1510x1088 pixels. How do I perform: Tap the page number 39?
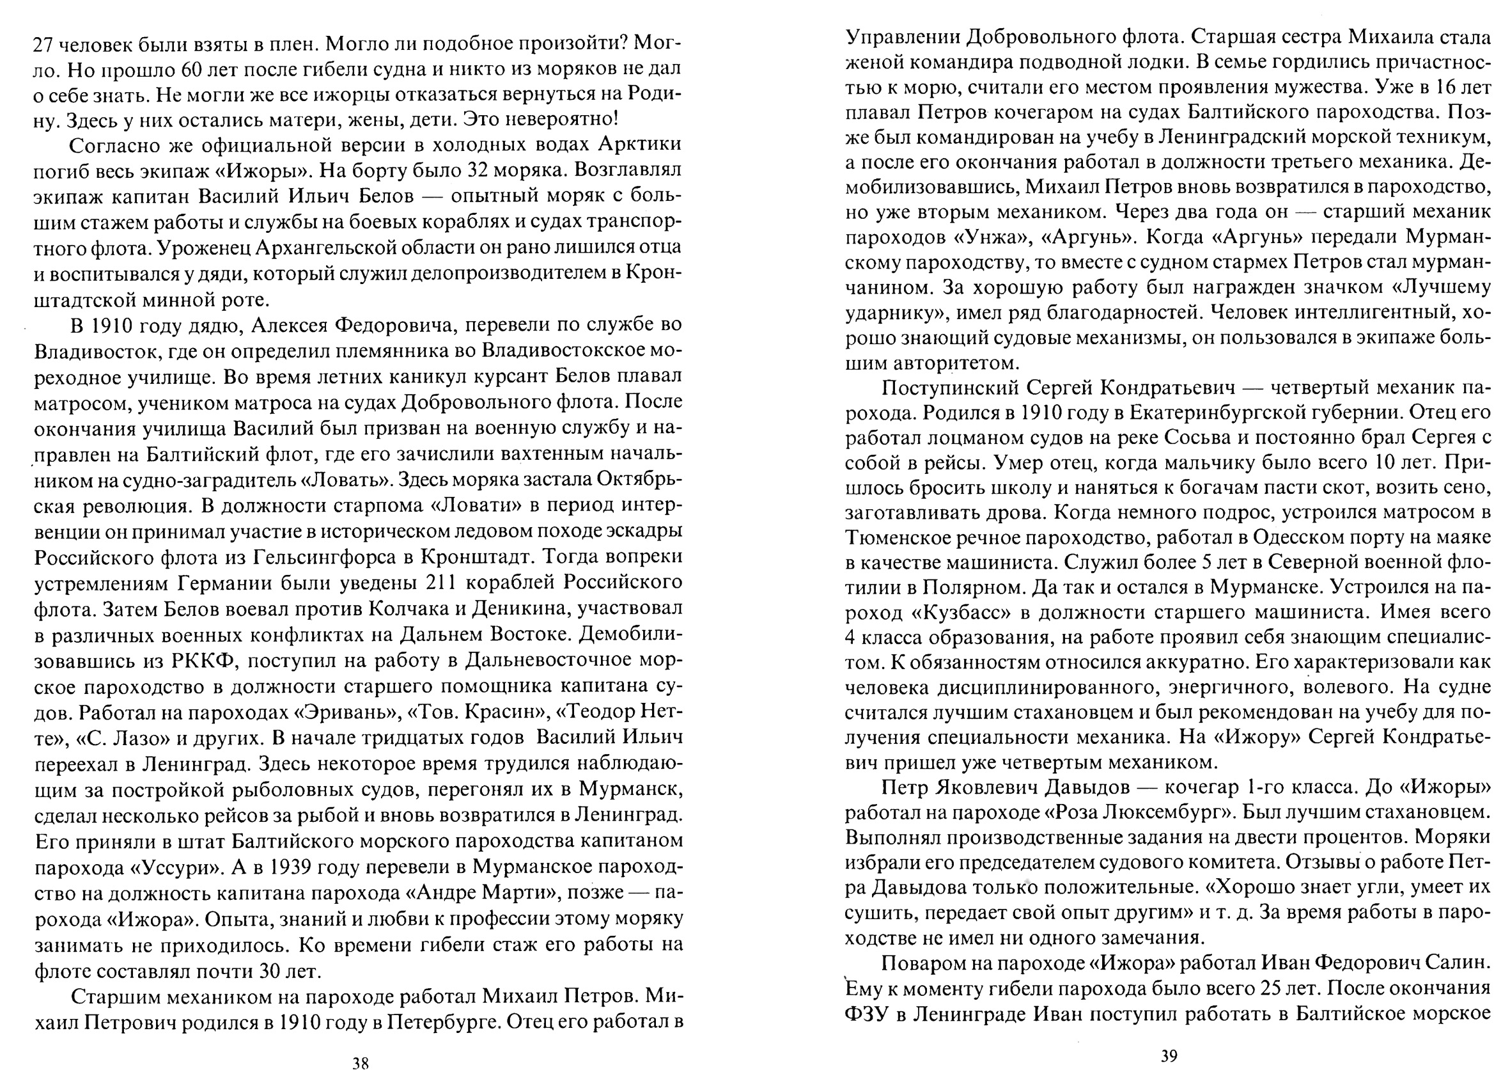(x=1169, y=1056)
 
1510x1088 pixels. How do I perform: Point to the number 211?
(x=439, y=582)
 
